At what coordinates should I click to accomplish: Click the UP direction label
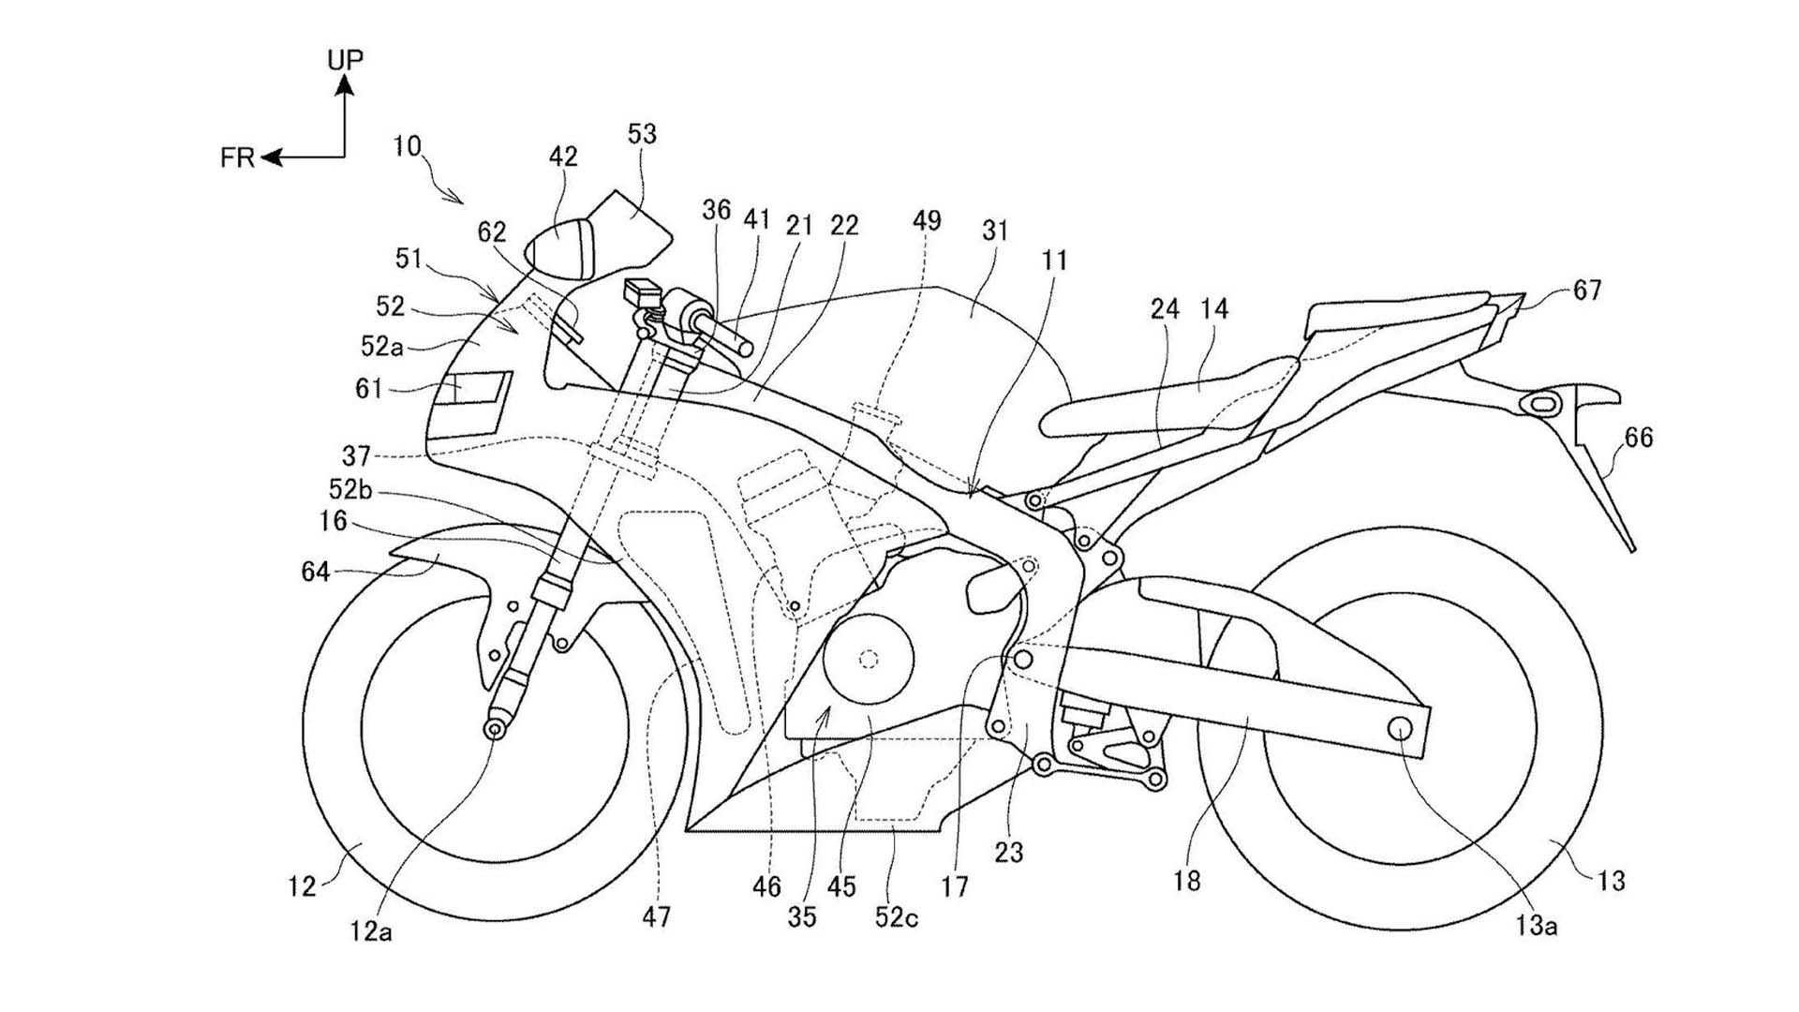coord(346,59)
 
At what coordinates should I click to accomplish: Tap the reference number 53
coord(643,135)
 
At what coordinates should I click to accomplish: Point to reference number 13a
coord(1537,926)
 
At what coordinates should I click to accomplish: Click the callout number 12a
coord(372,930)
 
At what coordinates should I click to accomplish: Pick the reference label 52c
coord(897,918)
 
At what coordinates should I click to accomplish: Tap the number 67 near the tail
coord(1587,291)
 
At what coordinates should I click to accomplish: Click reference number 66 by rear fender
coord(1640,437)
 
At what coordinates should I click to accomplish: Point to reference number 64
coord(316,571)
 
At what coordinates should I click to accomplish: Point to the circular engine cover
coord(868,659)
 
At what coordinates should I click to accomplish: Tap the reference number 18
coord(1186,881)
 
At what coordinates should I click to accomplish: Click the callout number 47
coord(657,916)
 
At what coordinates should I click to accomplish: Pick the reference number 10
coord(408,146)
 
